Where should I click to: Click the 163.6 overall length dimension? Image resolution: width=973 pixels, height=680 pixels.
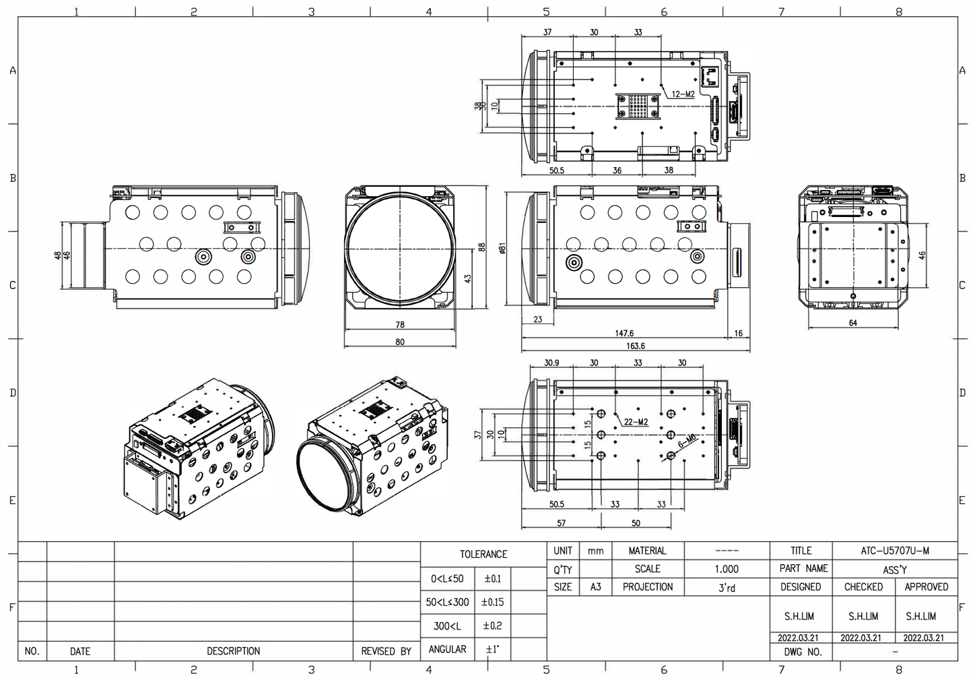[635, 346]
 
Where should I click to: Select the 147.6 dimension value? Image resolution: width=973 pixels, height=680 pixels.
[624, 333]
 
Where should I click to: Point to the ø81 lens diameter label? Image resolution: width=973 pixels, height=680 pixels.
[502, 248]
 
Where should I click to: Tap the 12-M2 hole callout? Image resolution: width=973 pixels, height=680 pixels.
[683, 94]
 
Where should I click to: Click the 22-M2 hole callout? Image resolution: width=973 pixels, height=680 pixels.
[636, 422]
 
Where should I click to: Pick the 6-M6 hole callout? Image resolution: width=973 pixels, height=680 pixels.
[687, 441]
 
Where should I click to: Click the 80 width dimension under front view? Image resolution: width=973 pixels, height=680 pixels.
[400, 342]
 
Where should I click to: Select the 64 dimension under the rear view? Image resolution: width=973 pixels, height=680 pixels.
[853, 323]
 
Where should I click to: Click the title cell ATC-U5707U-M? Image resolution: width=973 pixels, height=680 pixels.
[894, 551]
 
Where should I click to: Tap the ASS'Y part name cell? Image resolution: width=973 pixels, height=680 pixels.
[894, 569]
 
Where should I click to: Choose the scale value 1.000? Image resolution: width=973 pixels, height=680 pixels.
[727, 569]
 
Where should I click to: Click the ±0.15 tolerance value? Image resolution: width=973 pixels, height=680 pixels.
[492, 602]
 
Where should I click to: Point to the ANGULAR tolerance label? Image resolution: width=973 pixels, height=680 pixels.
[448, 649]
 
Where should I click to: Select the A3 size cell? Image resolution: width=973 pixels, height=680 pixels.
[595, 587]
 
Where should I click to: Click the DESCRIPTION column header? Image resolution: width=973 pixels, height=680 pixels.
[233, 651]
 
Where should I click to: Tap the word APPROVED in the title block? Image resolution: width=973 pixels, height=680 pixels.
[926, 587]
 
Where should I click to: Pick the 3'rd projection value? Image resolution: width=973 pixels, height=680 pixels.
[727, 588]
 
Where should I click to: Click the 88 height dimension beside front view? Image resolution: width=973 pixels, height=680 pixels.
[481, 247]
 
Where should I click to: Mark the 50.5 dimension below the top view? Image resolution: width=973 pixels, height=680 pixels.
[556, 171]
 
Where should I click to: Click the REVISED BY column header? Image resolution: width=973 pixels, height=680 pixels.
[386, 651]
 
